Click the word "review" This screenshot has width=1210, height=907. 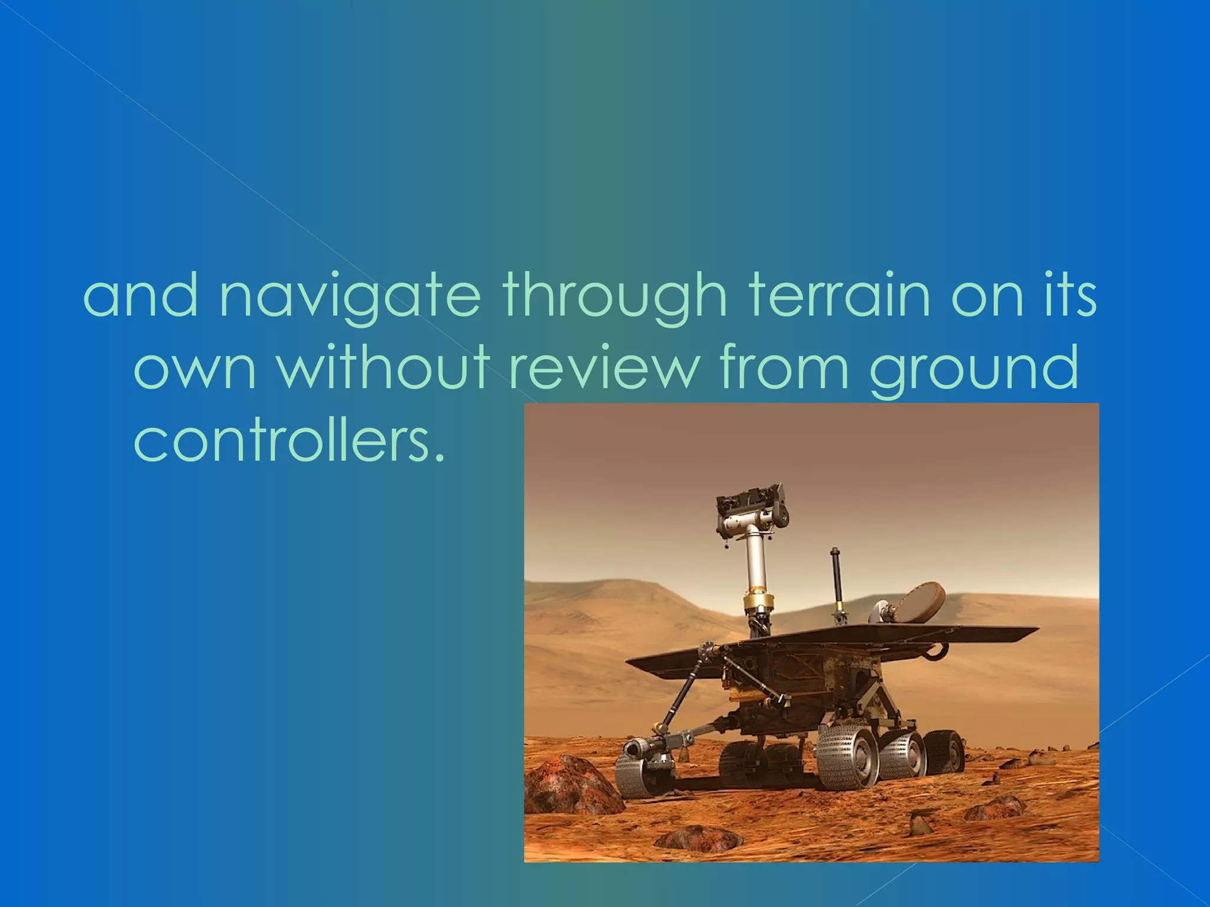603,370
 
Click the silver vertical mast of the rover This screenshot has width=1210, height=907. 756,561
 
